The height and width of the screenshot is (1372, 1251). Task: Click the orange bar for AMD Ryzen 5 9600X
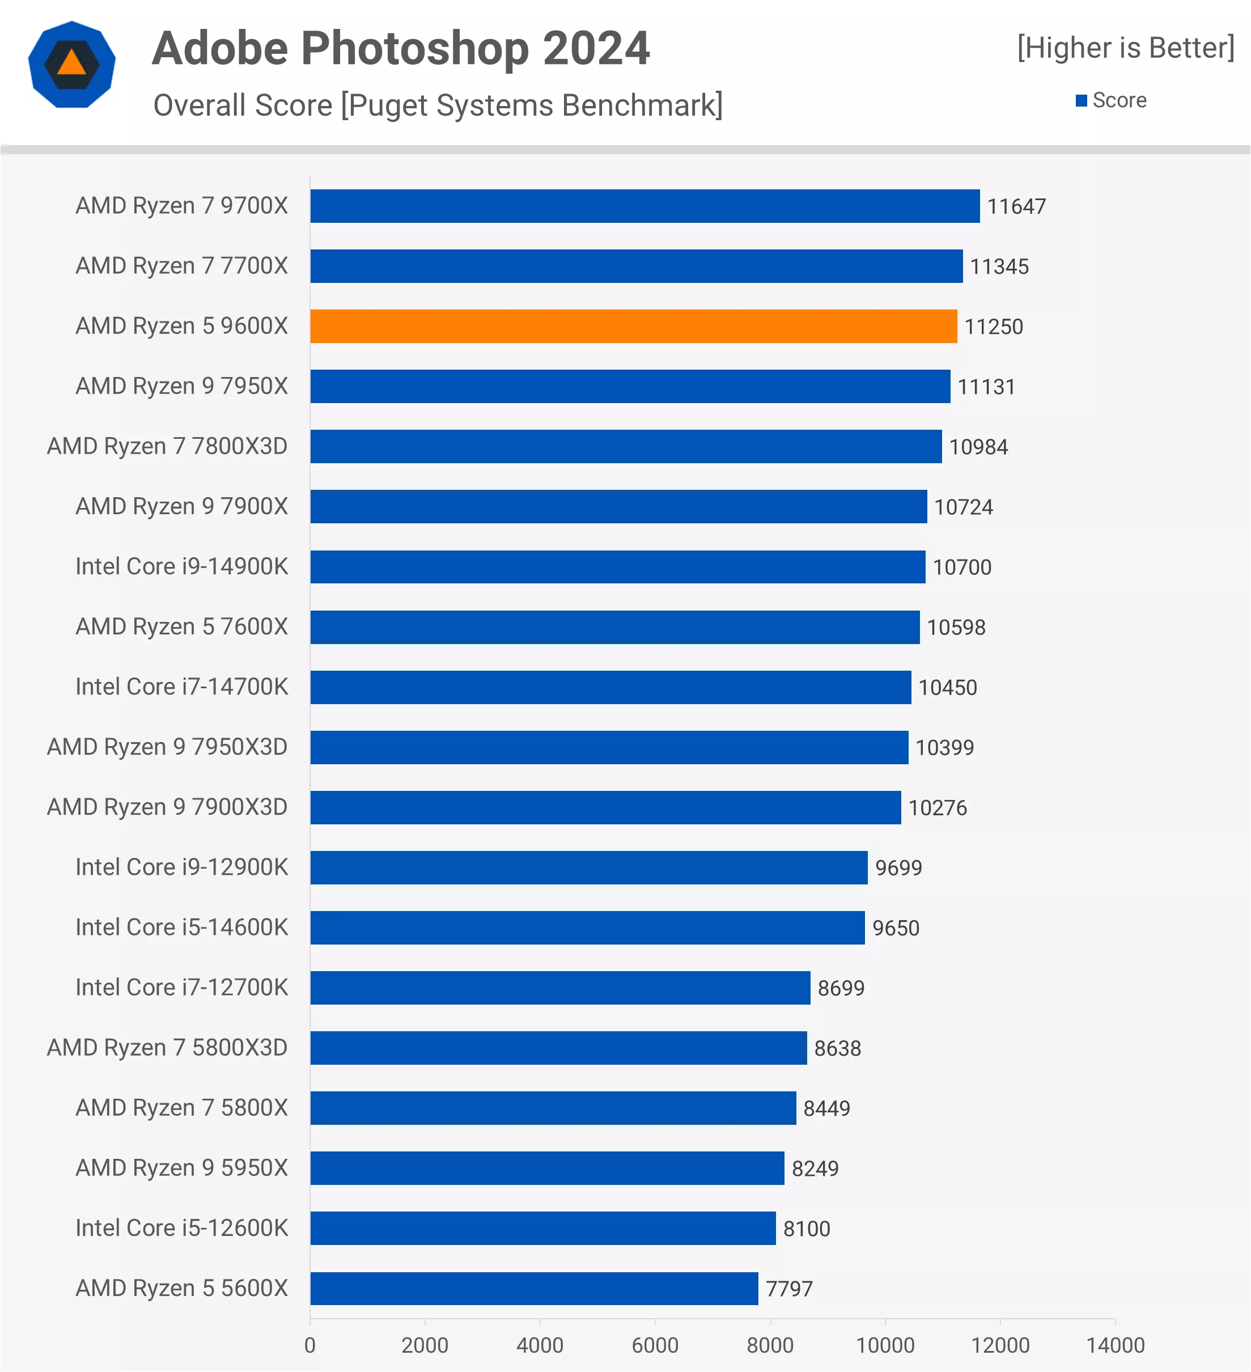[x=633, y=327]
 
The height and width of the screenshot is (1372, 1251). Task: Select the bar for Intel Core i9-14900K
[x=618, y=567]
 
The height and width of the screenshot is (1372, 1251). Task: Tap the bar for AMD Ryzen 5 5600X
[x=534, y=1288]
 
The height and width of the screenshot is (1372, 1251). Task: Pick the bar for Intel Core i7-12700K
[x=560, y=988]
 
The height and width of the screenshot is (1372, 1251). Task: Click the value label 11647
[x=1016, y=206]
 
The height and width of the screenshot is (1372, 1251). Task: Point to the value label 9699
[x=898, y=868]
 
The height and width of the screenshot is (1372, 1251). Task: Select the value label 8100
[x=806, y=1229]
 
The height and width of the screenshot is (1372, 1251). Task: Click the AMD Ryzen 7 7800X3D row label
[x=167, y=446]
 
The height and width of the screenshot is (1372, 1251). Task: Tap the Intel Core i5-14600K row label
[x=181, y=927]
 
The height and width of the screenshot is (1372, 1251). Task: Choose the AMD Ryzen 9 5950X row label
[x=181, y=1168]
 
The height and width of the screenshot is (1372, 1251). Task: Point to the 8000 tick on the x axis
[x=770, y=1345]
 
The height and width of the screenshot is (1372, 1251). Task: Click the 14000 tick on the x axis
[x=1115, y=1345]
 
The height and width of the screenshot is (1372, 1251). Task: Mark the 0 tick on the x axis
[x=310, y=1345]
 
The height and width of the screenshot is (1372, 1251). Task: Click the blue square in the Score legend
[x=1081, y=101]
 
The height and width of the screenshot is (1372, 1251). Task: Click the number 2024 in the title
[x=596, y=49]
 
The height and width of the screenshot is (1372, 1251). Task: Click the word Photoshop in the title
[x=415, y=49]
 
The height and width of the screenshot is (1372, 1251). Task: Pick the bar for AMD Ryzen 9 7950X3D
[x=609, y=747]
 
